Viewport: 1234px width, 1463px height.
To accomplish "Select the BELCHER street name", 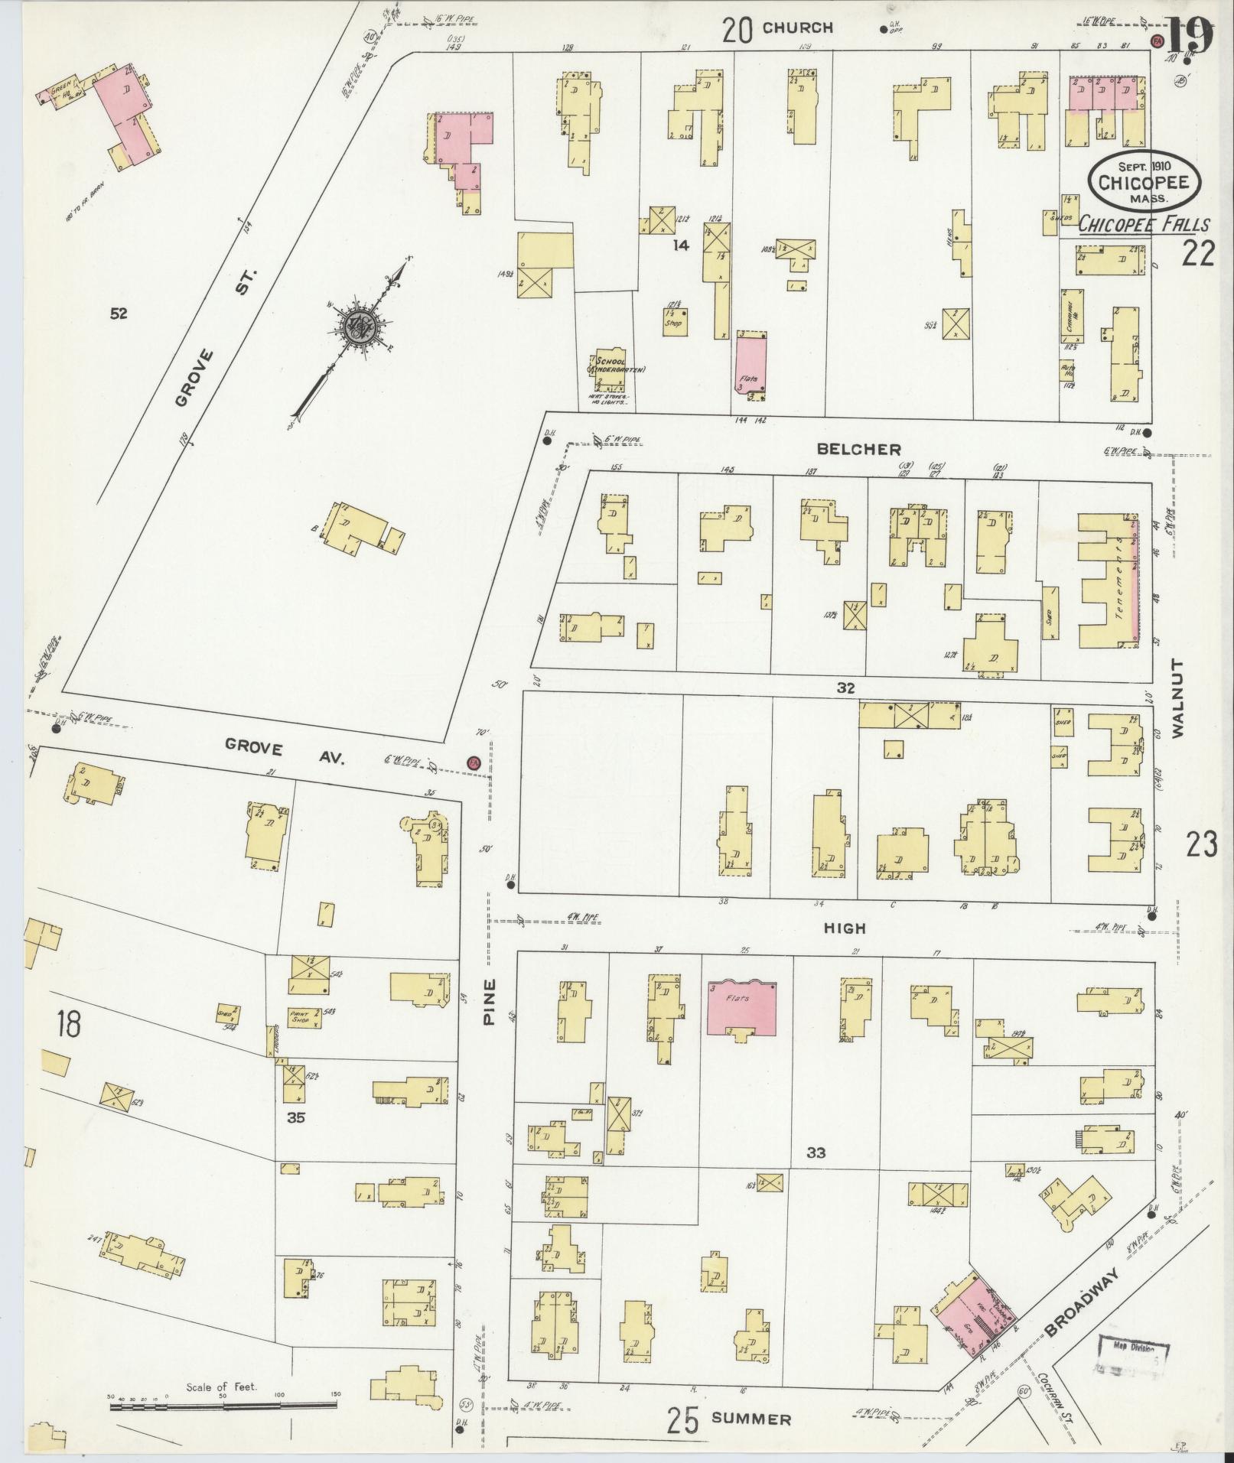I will point(859,450).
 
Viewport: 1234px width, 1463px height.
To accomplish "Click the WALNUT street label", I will point(1176,697).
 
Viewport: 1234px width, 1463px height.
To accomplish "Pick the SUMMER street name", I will point(750,1419).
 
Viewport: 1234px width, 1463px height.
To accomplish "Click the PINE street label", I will point(490,1002).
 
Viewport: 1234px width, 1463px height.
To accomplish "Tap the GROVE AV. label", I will point(285,753).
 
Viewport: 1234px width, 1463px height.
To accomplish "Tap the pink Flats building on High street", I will point(741,1007).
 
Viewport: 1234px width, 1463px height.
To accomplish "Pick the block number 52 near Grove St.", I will point(118,313).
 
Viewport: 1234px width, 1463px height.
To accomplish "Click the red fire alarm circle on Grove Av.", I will point(474,763).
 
